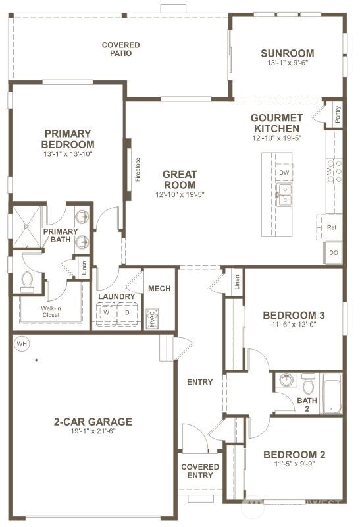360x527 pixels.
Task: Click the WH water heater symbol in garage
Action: click(x=22, y=343)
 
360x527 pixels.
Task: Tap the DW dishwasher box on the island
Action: click(x=284, y=173)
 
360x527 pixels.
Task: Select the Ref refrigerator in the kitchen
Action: click(x=332, y=227)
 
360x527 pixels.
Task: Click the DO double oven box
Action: click(x=334, y=252)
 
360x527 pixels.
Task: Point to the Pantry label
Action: click(x=338, y=115)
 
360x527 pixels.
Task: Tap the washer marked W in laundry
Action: click(x=105, y=313)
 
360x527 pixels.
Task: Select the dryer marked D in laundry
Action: click(x=126, y=313)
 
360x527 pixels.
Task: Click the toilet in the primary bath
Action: click(x=27, y=282)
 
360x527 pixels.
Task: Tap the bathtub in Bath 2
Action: click(x=331, y=393)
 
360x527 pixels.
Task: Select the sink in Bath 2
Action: click(x=286, y=380)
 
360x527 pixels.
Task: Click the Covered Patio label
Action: click(x=120, y=49)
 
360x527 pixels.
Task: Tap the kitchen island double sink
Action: click(x=284, y=196)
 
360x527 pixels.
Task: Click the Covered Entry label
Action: click(x=200, y=471)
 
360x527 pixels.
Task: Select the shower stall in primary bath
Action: click(x=24, y=226)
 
